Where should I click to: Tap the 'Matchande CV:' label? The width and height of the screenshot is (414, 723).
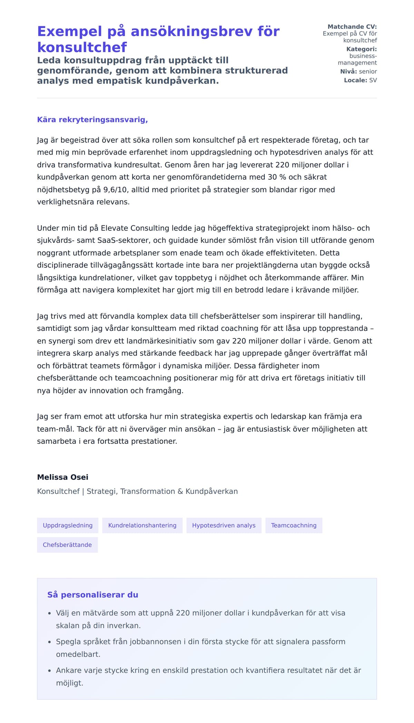[x=352, y=27]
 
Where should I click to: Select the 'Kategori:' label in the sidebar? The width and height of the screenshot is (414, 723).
[x=361, y=49]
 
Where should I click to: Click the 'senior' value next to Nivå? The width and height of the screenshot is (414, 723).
[x=368, y=71]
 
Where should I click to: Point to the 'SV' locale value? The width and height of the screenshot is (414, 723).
[x=373, y=80]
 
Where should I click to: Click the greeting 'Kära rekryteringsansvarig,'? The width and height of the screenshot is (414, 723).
[x=92, y=120]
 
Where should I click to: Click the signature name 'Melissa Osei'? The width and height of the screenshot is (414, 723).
[x=63, y=477]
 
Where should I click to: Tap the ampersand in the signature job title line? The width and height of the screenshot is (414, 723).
[x=180, y=491]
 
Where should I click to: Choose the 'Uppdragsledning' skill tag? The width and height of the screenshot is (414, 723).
[x=68, y=525]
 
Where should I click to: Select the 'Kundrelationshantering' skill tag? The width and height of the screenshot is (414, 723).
[x=142, y=525]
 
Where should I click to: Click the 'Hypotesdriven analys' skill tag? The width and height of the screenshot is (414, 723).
[x=224, y=525]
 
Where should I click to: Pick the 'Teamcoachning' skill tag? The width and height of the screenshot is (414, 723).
[x=294, y=525]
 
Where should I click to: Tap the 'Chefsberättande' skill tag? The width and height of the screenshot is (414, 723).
[x=67, y=545]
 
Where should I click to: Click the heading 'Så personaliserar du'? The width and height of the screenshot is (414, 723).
[x=93, y=594]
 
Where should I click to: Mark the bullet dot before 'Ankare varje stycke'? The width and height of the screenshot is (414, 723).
[x=49, y=671]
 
